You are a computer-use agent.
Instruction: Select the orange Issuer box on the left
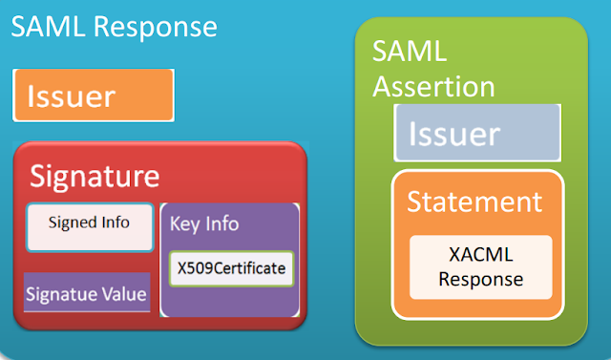coord(94,95)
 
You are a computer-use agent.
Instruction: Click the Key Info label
coord(204,223)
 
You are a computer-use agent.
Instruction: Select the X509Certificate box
coord(230,268)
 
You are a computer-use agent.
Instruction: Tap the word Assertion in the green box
coord(433,87)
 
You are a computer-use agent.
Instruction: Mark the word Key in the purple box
coord(184,223)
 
